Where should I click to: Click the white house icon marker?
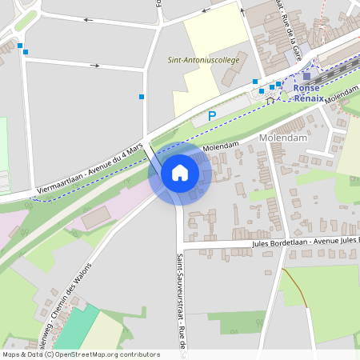coord(180,173)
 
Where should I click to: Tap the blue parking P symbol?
coord(212,116)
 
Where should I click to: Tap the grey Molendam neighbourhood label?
coord(284,138)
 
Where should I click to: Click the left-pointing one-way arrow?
coord(88,19)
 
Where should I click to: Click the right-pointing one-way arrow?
coord(96,66)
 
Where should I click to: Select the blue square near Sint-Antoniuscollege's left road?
coord(142,97)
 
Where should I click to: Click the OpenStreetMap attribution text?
coord(80,354)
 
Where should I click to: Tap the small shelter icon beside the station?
coord(270,101)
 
